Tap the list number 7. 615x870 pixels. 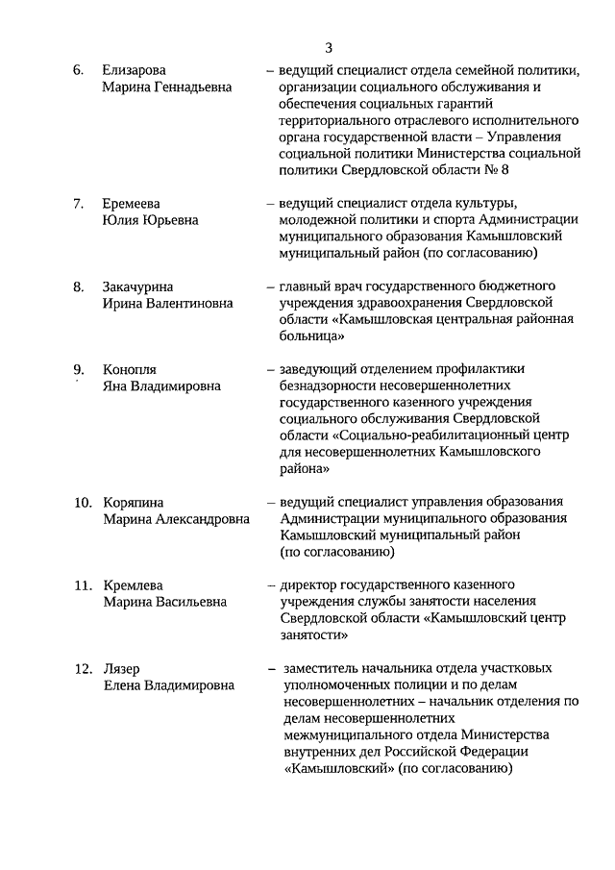pyautogui.click(x=78, y=203)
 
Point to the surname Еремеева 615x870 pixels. pyautogui.click(x=132, y=203)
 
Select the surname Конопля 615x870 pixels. pyautogui.click(x=130, y=369)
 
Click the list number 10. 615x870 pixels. pyautogui.click(x=83, y=502)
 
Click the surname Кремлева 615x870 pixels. pyautogui.click(x=133, y=584)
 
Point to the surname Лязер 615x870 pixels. pyautogui.click(x=122, y=668)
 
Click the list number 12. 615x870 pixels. pyautogui.click(x=83, y=668)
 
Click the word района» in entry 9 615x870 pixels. pyautogui.click(x=306, y=469)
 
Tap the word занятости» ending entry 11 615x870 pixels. pyautogui.click(x=309, y=634)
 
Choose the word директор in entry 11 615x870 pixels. pyautogui.click(x=308, y=584)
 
